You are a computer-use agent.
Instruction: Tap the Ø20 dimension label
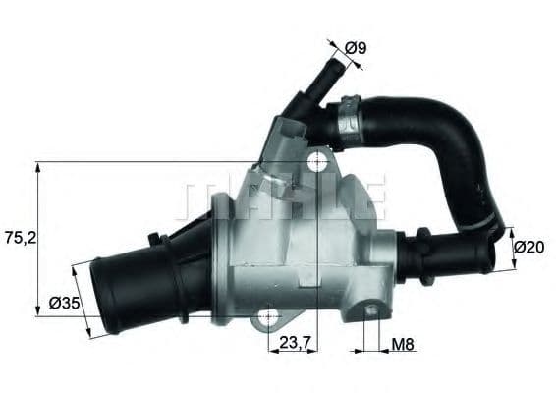point(530,248)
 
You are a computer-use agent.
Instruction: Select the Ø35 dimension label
point(64,305)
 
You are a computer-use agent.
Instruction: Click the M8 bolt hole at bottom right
point(371,310)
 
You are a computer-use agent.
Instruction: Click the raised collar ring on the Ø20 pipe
point(425,253)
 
